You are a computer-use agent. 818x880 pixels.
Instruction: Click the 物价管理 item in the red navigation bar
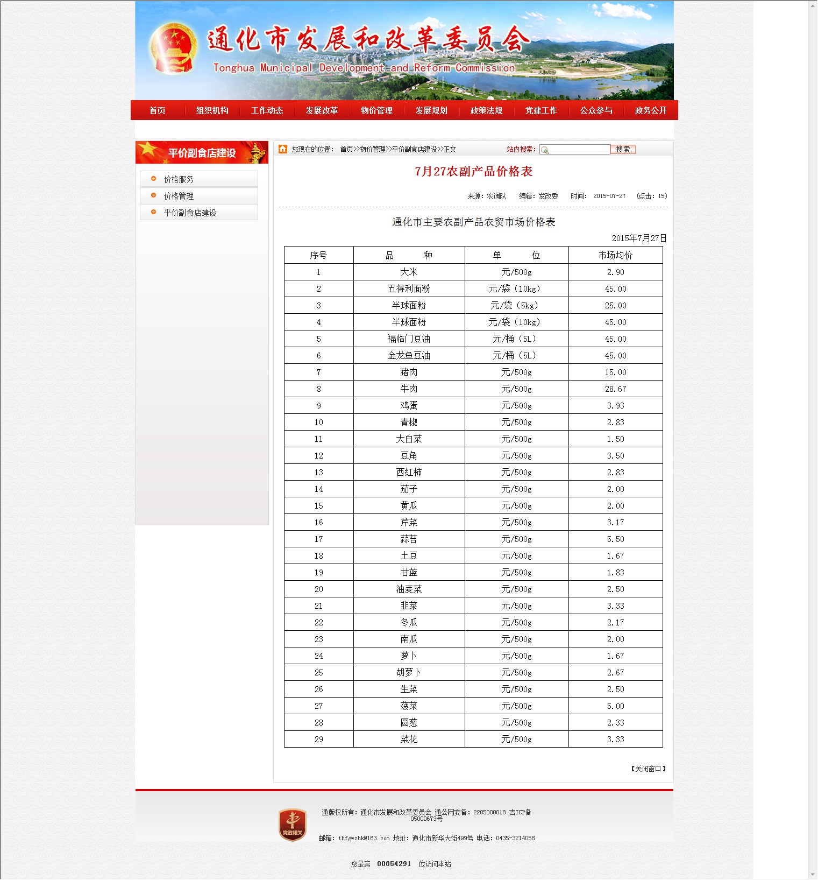tap(376, 110)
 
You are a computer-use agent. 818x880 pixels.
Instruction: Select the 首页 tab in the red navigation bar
tap(157, 110)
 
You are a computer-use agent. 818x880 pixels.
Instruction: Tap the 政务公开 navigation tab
tap(650, 110)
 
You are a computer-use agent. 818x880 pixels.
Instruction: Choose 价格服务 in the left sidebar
tap(179, 179)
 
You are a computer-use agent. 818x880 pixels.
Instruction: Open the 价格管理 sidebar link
tap(179, 196)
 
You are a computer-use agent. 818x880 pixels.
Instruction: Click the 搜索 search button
tap(623, 150)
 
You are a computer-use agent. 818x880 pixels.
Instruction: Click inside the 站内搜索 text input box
tap(578, 150)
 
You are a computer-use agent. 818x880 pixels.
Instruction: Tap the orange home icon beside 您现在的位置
tap(283, 149)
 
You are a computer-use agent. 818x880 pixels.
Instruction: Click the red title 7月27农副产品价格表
tap(473, 172)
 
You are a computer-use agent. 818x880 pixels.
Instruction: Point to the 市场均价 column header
tap(615, 255)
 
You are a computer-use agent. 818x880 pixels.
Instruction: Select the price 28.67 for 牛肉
tap(615, 389)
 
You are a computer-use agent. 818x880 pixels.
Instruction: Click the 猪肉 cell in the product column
tap(409, 372)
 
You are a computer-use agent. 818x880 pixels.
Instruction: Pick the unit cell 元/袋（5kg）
tap(516, 305)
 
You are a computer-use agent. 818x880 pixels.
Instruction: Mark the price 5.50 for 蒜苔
tap(615, 539)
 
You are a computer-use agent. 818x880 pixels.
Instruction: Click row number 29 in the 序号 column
tap(318, 739)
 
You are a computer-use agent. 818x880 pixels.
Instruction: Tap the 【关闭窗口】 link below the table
tap(648, 769)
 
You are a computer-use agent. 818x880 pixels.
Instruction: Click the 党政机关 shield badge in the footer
tap(292, 825)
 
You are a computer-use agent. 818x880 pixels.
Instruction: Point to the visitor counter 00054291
tap(394, 863)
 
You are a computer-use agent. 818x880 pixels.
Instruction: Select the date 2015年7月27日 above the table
tap(639, 238)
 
